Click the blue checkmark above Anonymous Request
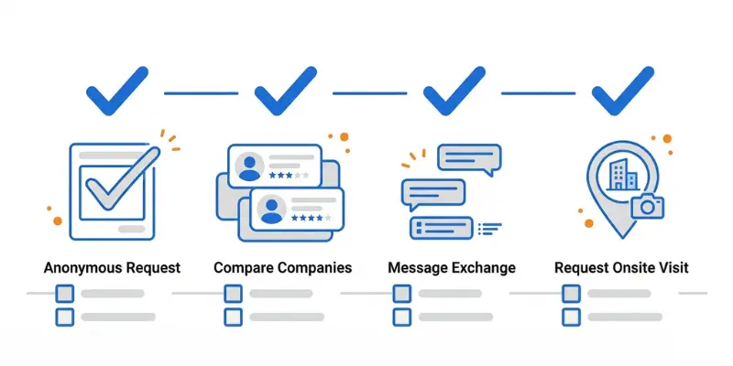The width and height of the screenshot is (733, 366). click(115, 90)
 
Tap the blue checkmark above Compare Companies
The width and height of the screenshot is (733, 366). click(284, 90)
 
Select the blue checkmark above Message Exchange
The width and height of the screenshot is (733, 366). click(453, 90)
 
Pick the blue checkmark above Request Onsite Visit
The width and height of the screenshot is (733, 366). click(621, 90)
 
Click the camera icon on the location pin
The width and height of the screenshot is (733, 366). click(648, 207)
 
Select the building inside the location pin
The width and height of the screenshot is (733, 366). click(622, 174)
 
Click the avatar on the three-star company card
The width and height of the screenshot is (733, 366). click(248, 167)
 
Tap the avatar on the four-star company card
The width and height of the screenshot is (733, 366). click(270, 210)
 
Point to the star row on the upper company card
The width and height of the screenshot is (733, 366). click(288, 174)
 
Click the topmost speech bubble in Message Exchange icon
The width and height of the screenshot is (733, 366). click(468, 158)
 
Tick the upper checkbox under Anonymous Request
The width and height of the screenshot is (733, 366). click(65, 294)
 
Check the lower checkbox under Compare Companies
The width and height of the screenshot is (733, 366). click(234, 317)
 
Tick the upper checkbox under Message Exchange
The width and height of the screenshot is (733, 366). click(402, 294)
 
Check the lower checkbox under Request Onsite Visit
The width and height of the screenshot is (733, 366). click(571, 317)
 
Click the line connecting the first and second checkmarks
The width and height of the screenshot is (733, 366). click(200, 91)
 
